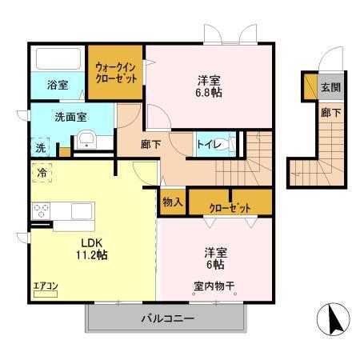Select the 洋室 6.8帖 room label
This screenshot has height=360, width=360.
[x=210, y=86]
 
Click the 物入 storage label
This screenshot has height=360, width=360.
[x=172, y=202]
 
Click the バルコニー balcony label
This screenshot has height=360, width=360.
[x=168, y=318]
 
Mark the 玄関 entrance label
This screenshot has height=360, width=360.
[x=330, y=86]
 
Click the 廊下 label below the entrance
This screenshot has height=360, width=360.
[x=330, y=113]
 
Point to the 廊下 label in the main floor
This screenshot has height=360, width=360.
[x=150, y=144]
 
